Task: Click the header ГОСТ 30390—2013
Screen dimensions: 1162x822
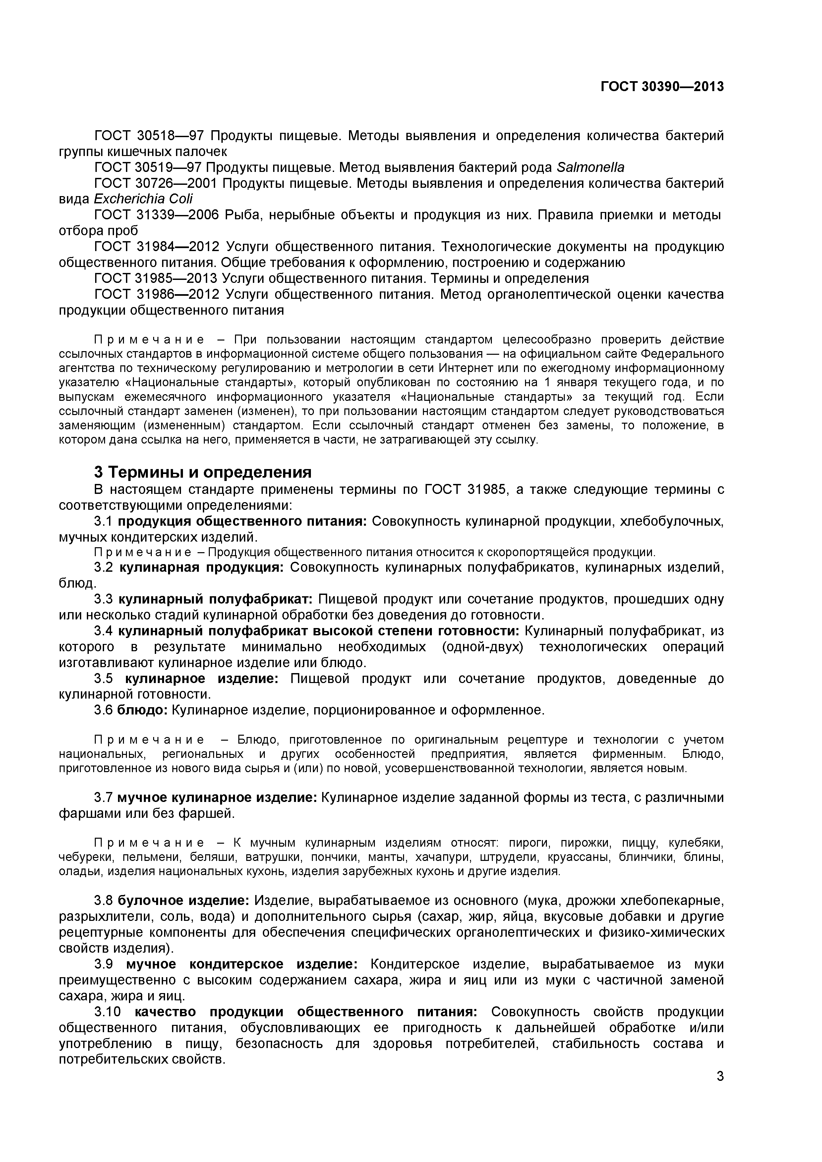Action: coord(662,87)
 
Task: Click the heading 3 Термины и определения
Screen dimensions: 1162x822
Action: coord(203,472)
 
